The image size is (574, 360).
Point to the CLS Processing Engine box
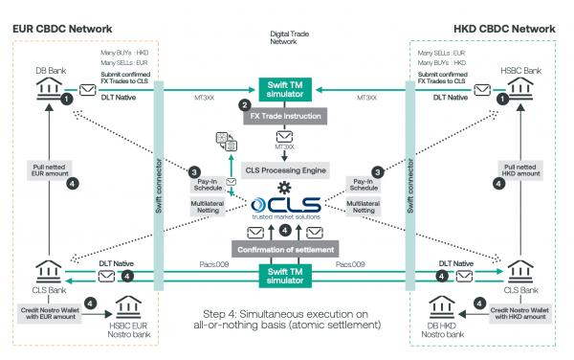284,170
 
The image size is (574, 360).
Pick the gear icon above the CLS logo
284,188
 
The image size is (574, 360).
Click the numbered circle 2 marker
246,103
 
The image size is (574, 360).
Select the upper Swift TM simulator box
284,86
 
